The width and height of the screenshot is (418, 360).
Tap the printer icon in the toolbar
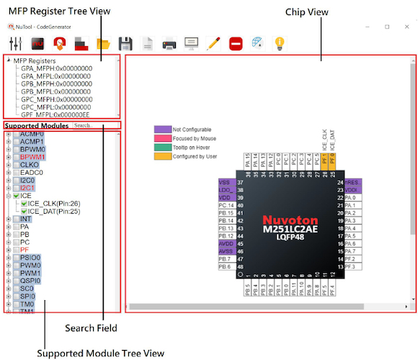click(x=169, y=42)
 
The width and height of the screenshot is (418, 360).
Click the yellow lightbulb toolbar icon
click(x=279, y=42)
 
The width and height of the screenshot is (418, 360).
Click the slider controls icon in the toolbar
click(x=16, y=42)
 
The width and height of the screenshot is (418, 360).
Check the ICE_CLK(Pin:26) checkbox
click(x=24, y=203)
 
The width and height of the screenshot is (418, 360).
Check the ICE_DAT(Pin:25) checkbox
click(x=24, y=211)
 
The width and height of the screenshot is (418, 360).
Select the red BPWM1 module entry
click(x=32, y=156)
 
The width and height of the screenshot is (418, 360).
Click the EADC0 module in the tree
click(x=32, y=173)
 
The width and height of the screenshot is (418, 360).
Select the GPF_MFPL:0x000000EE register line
click(x=56, y=114)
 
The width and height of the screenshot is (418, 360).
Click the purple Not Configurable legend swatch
click(x=161, y=129)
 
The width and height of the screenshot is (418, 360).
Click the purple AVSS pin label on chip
click(x=225, y=251)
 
